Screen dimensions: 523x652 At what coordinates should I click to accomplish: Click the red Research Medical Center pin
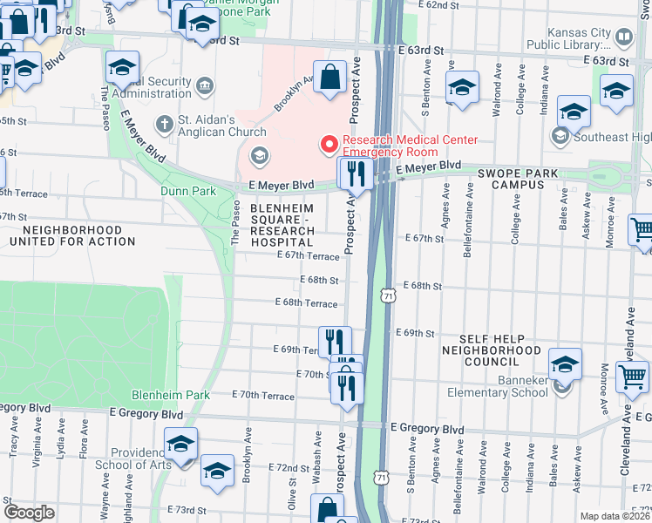click(x=329, y=142)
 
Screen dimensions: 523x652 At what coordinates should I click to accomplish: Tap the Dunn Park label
click(x=187, y=191)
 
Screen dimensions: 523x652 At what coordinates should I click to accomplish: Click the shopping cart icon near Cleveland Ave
click(x=632, y=377)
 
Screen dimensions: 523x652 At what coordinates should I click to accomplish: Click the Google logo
click(x=29, y=513)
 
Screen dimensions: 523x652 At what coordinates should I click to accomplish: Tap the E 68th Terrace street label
click(x=305, y=302)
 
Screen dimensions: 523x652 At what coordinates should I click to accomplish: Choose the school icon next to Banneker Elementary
click(x=564, y=363)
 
